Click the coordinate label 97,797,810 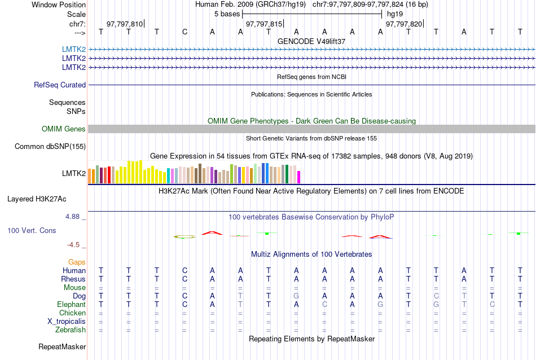point(125,24)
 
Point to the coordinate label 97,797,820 point(403,24)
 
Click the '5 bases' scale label point(227,14)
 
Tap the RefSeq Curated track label point(60,85)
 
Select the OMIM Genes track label point(64,129)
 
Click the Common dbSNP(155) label point(50,147)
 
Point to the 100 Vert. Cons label point(32,231)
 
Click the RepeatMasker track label point(62,346)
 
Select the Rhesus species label point(73,279)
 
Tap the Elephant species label point(71,304)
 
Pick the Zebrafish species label point(71,330)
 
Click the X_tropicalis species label point(67,321)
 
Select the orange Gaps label point(77,262)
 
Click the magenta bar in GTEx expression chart point(299,177)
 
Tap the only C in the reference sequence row point(184,32)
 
